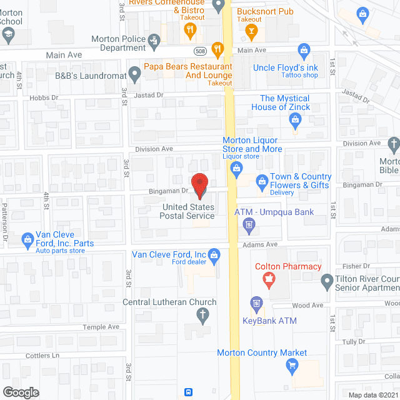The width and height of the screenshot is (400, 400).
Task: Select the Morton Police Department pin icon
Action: click(x=156, y=39)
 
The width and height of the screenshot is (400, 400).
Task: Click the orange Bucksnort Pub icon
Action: click(x=251, y=31)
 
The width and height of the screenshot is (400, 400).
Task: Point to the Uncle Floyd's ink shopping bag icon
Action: click(x=304, y=49)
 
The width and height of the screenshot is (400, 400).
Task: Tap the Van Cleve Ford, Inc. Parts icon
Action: click(x=27, y=239)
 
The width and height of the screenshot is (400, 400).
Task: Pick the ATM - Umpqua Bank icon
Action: click(x=248, y=224)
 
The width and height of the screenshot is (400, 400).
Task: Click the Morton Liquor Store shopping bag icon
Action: click(x=236, y=167)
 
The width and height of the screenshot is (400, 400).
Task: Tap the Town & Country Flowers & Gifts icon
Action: click(x=261, y=181)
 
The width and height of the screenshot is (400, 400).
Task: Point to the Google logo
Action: click(x=21, y=392)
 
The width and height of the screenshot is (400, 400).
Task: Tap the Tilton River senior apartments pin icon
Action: click(x=326, y=282)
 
